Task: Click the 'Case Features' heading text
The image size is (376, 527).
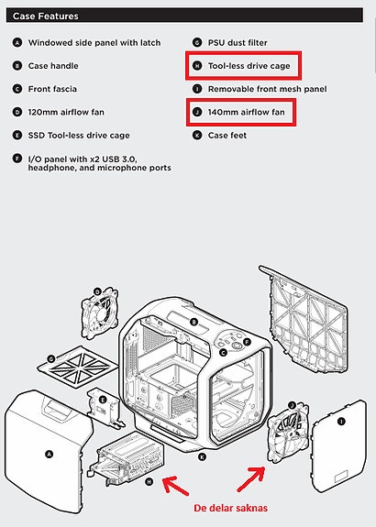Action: (46, 16)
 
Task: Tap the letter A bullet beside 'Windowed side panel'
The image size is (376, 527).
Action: (17, 43)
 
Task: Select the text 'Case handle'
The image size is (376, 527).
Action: (53, 66)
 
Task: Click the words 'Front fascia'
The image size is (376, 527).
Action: (52, 89)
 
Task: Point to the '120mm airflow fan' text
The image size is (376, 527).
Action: (66, 112)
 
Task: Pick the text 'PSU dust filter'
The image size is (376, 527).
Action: (238, 43)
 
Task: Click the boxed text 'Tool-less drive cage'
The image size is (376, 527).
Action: (249, 66)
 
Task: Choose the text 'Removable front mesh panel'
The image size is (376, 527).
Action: (268, 89)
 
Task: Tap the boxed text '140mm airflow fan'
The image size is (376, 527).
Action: (246, 112)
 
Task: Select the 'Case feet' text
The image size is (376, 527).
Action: (227, 136)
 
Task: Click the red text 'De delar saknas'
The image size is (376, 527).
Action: (231, 508)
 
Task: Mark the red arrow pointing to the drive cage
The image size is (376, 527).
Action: (175, 486)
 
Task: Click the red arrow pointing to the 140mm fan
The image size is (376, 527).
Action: (251, 479)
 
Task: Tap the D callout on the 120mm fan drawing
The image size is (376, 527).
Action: (97, 291)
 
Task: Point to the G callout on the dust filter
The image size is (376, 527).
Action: (51, 359)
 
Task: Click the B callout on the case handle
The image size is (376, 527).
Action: (194, 323)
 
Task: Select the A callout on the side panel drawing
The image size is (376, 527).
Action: (50, 455)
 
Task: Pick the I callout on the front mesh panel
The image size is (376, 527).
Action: (341, 422)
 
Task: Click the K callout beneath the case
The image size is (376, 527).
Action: (202, 457)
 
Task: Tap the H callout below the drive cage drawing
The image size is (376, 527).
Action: (149, 482)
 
